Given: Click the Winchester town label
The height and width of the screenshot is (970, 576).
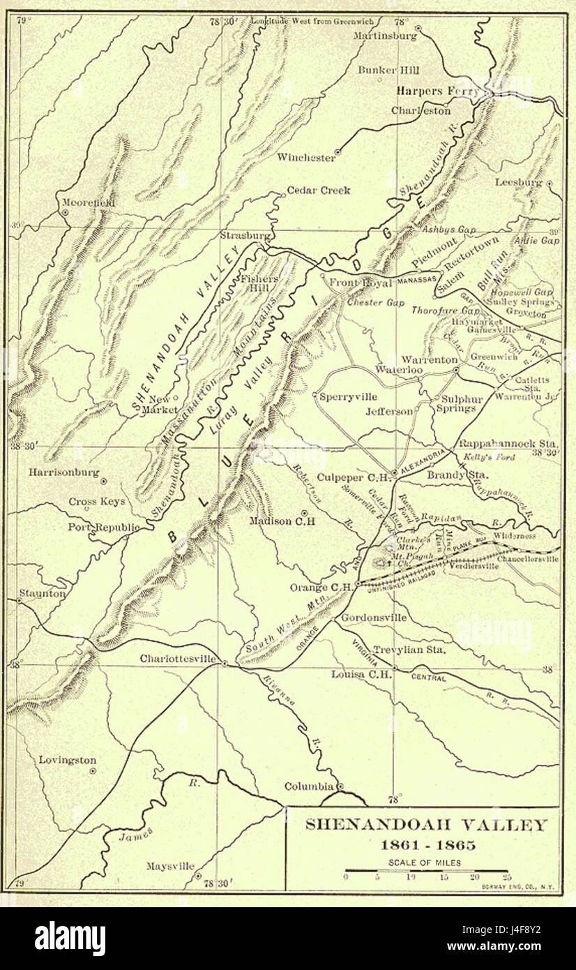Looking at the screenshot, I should (x=305, y=158).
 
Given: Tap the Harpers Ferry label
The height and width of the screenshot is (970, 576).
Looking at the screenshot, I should (x=437, y=91).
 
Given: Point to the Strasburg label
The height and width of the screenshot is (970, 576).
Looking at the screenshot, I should (x=245, y=235).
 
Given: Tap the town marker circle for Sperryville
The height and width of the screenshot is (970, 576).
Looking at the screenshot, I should (x=315, y=396).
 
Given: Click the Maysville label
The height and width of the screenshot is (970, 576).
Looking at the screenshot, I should (x=169, y=867).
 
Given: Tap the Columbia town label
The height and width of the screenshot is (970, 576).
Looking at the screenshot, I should (x=309, y=786).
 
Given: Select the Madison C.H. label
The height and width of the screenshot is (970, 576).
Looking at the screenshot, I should (x=282, y=521).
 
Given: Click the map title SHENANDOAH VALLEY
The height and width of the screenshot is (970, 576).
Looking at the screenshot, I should (x=427, y=825).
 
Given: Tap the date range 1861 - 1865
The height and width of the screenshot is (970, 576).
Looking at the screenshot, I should (x=427, y=845).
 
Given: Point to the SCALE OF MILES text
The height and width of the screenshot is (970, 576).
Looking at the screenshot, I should (x=425, y=863).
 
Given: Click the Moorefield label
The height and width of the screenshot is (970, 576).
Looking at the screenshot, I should (x=88, y=202).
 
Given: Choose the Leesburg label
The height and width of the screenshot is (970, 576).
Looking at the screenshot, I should (x=518, y=183).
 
